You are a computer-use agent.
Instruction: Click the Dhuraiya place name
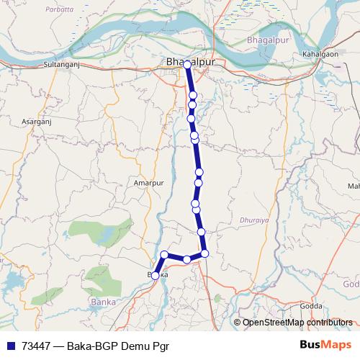(x=251, y=214)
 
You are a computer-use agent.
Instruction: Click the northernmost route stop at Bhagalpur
(x=187, y=65)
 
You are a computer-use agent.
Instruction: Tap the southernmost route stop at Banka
(x=156, y=275)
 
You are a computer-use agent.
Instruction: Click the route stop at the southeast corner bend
(x=204, y=253)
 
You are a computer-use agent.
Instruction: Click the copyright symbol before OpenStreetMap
(x=238, y=323)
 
